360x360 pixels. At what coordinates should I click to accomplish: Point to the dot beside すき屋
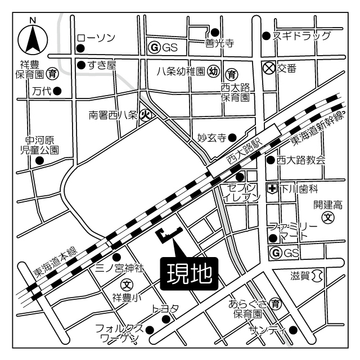point(82,65)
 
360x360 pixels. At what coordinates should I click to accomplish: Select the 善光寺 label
point(218,43)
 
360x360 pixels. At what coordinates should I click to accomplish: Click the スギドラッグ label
point(301,36)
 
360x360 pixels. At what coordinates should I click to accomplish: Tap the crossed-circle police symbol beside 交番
point(269,67)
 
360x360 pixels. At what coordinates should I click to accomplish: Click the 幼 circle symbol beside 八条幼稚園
point(213,71)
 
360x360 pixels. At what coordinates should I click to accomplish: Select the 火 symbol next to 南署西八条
point(145,115)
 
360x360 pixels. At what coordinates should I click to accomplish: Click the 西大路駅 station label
point(243,153)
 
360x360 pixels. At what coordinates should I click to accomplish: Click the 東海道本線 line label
point(55,262)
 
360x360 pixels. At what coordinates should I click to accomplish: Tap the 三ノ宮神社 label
point(120,269)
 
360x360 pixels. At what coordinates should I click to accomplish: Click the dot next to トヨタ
point(166,319)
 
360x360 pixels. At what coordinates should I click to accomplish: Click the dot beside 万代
point(57,90)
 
